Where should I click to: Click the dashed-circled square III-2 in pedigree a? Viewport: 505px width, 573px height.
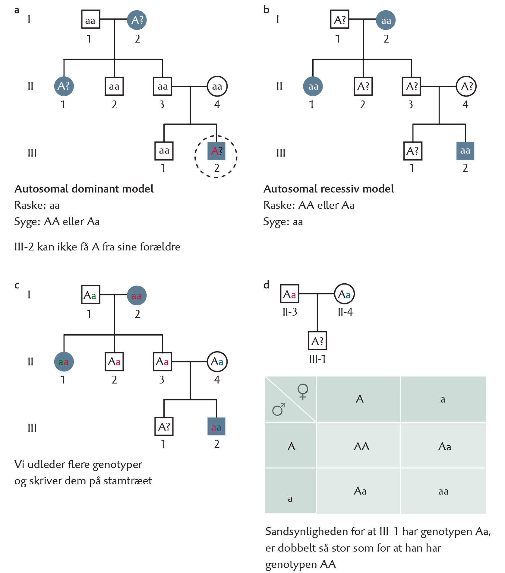click(x=216, y=151)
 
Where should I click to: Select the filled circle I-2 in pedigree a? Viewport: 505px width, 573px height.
click(x=137, y=20)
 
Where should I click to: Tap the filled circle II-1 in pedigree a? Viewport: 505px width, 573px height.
click(x=64, y=86)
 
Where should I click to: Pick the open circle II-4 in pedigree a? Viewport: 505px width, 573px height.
click(x=217, y=86)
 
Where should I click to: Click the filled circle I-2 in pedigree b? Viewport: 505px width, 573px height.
click(x=386, y=20)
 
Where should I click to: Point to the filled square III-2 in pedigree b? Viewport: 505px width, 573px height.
click(x=465, y=151)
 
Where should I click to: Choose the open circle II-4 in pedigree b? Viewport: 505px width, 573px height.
click(x=466, y=86)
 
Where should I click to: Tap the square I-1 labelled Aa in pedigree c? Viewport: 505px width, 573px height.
click(x=91, y=294)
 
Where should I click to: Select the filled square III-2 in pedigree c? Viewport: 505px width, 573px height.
click(x=216, y=426)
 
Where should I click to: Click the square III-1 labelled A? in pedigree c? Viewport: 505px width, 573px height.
click(x=164, y=426)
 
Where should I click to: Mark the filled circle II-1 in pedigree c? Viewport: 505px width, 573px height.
click(x=64, y=361)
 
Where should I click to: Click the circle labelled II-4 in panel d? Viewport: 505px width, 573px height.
click(x=345, y=294)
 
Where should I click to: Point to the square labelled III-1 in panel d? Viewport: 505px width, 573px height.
click(x=317, y=341)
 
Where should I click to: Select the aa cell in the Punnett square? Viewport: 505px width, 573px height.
click(x=443, y=491)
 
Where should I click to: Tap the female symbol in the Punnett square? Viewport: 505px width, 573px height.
click(x=303, y=392)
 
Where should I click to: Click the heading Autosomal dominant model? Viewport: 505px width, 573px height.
click(x=84, y=189)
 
